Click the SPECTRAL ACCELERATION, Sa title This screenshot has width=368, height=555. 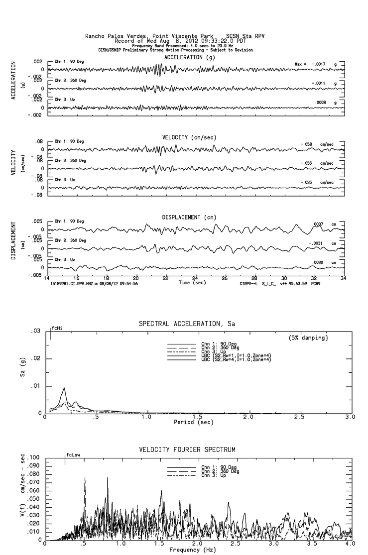(187, 324)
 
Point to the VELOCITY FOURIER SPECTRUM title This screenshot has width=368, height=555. (187, 450)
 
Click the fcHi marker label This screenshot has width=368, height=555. (57, 329)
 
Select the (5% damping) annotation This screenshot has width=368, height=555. (308, 338)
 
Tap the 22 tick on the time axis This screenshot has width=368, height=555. (165, 278)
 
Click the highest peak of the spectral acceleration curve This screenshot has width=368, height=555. (64, 388)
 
